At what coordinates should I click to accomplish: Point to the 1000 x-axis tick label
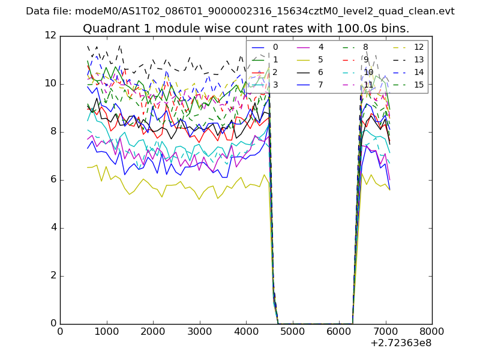106,331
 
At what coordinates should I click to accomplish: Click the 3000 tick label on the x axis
199,331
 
